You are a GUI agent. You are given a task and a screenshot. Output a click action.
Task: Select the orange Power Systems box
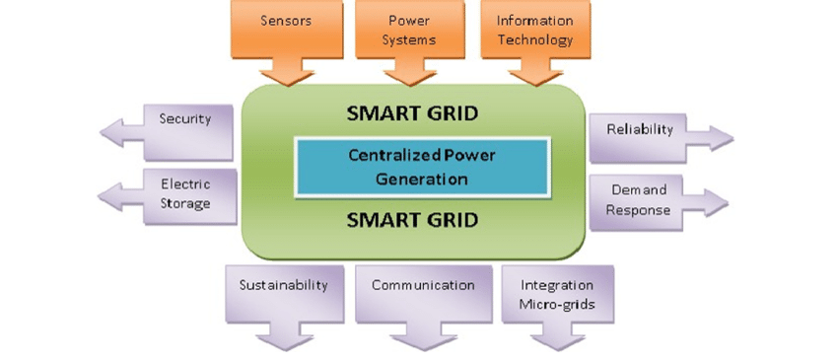pyautogui.click(x=409, y=30)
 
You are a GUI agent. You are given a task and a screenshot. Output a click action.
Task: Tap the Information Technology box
pyautogui.click(x=534, y=30)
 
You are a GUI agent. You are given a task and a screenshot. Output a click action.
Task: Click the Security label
pyautogui.click(x=185, y=119)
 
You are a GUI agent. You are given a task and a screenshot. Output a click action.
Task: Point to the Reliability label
pyautogui.click(x=639, y=129)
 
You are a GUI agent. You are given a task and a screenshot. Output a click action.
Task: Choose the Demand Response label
pyautogui.click(x=638, y=199)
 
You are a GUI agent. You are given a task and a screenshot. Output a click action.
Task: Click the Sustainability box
pyautogui.click(x=282, y=285)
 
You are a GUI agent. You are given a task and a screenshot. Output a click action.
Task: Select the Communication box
pyautogui.click(x=423, y=285)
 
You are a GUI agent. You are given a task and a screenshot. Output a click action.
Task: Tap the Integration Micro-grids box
pyautogui.click(x=557, y=294)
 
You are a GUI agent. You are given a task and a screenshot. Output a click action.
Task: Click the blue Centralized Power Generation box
pyautogui.click(x=421, y=167)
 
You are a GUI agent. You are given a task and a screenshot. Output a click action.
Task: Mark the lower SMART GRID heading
pyautogui.click(x=412, y=217)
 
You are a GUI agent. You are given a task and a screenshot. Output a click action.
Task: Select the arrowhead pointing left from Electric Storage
pyautogui.click(x=115, y=194)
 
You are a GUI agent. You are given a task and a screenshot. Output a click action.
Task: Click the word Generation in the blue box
pyautogui.click(x=421, y=180)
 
